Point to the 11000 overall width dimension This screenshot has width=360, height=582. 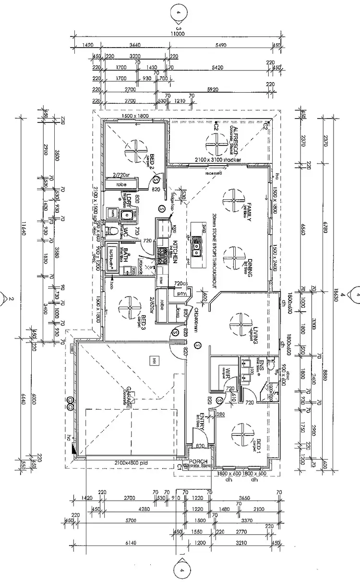[177, 34]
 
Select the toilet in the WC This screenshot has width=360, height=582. [114, 232]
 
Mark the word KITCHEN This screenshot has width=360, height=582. [176, 251]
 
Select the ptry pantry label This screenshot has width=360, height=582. [181, 293]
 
